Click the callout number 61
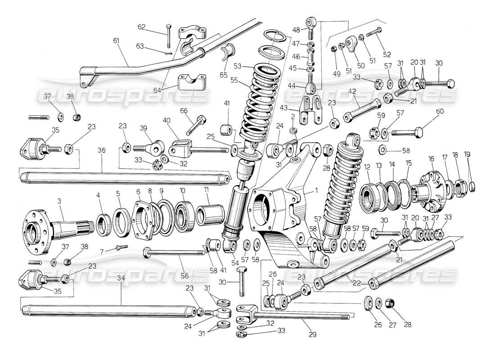(116, 40)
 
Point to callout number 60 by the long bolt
(439, 111)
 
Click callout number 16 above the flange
(431, 159)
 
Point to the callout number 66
(184, 111)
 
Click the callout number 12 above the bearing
(367, 167)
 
